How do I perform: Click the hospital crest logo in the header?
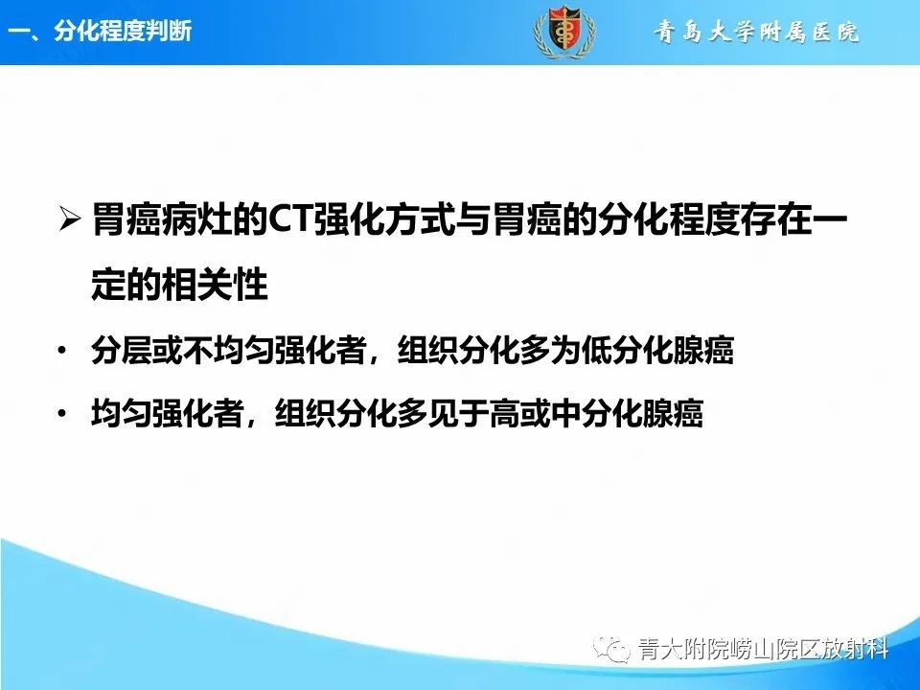563,32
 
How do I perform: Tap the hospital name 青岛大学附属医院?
757,33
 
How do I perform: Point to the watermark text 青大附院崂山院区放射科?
763,651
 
